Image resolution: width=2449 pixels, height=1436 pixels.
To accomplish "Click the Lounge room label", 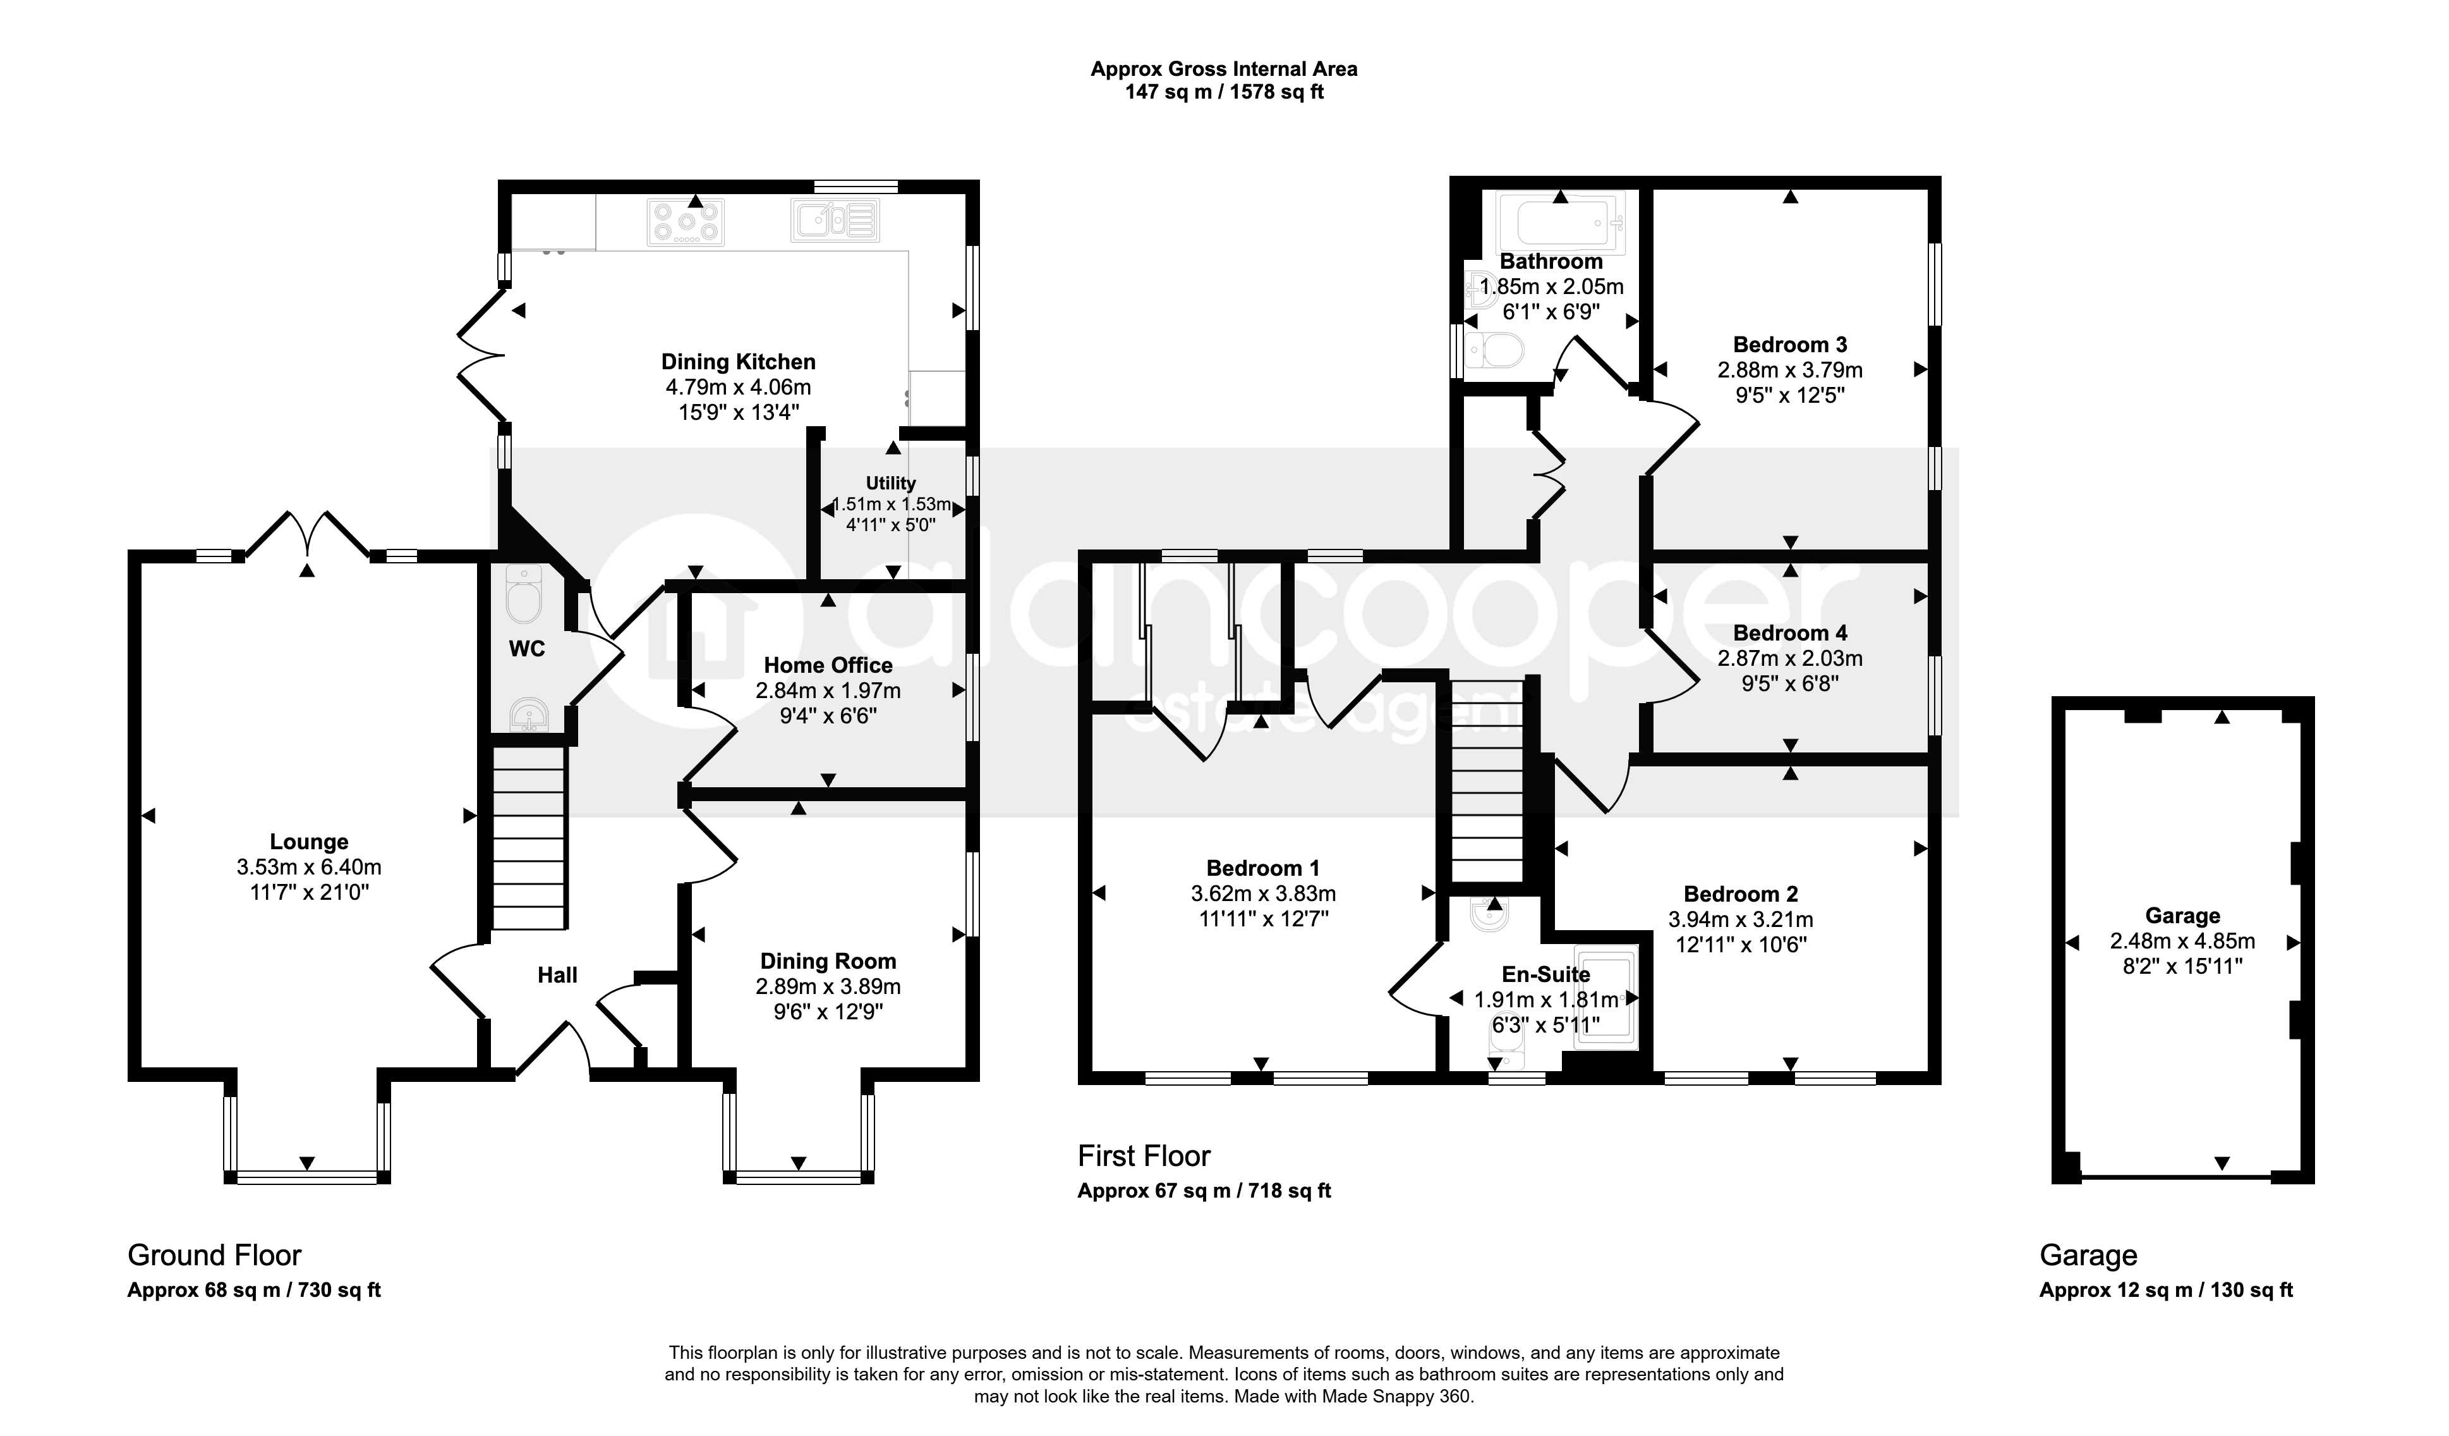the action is click(309, 842).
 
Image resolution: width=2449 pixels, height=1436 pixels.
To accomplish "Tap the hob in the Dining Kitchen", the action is click(686, 221).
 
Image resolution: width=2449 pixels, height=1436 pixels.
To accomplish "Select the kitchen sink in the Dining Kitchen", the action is click(836, 219).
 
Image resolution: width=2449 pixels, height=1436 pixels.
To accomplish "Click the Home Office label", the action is click(828, 665).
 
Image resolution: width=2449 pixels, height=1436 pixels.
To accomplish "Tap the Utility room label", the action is click(891, 483).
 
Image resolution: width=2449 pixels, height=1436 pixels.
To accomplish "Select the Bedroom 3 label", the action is click(1790, 344).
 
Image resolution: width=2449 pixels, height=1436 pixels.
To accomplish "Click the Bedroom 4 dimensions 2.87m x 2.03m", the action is click(1790, 658).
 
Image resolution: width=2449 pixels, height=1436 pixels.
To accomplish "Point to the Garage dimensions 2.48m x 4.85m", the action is click(2183, 941).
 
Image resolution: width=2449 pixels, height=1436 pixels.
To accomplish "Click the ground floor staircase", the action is click(529, 838).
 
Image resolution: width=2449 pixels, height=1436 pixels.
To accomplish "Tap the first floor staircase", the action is click(1487, 782).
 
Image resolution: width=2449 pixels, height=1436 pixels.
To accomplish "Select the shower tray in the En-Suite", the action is click(1605, 1002).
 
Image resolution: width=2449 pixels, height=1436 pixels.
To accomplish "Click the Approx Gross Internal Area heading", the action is click(1223, 69).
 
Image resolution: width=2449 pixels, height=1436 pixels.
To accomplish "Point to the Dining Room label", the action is click(828, 962).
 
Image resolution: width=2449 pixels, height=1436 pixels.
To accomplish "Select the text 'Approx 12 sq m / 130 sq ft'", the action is click(2166, 1290).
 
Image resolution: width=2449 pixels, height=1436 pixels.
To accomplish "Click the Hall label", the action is click(558, 975).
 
